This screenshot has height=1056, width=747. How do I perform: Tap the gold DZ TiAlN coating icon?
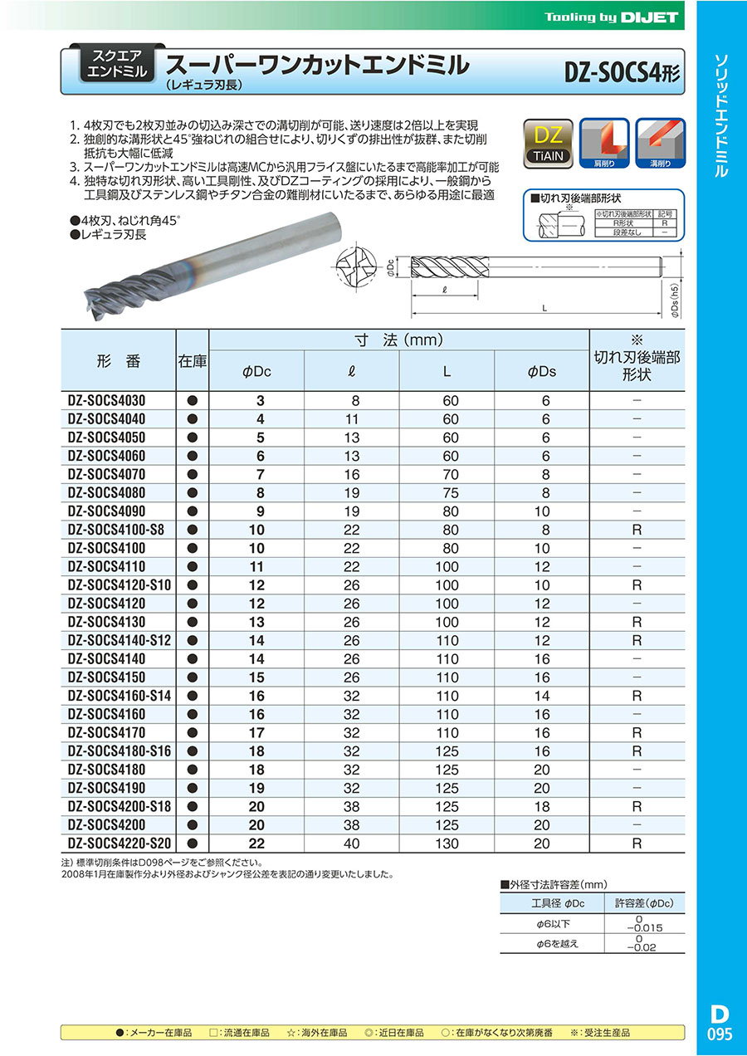(548, 144)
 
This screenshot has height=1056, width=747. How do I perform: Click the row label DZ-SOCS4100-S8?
(120, 530)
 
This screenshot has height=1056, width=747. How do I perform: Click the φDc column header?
(256, 372)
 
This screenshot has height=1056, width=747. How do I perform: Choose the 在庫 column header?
(193, 361)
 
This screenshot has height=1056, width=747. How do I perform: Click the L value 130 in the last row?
(447, 843)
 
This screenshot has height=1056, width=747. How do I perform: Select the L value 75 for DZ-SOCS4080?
(447, 493)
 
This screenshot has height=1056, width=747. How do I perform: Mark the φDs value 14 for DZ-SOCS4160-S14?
(542, 696)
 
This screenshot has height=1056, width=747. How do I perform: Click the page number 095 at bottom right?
(720, 1035)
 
